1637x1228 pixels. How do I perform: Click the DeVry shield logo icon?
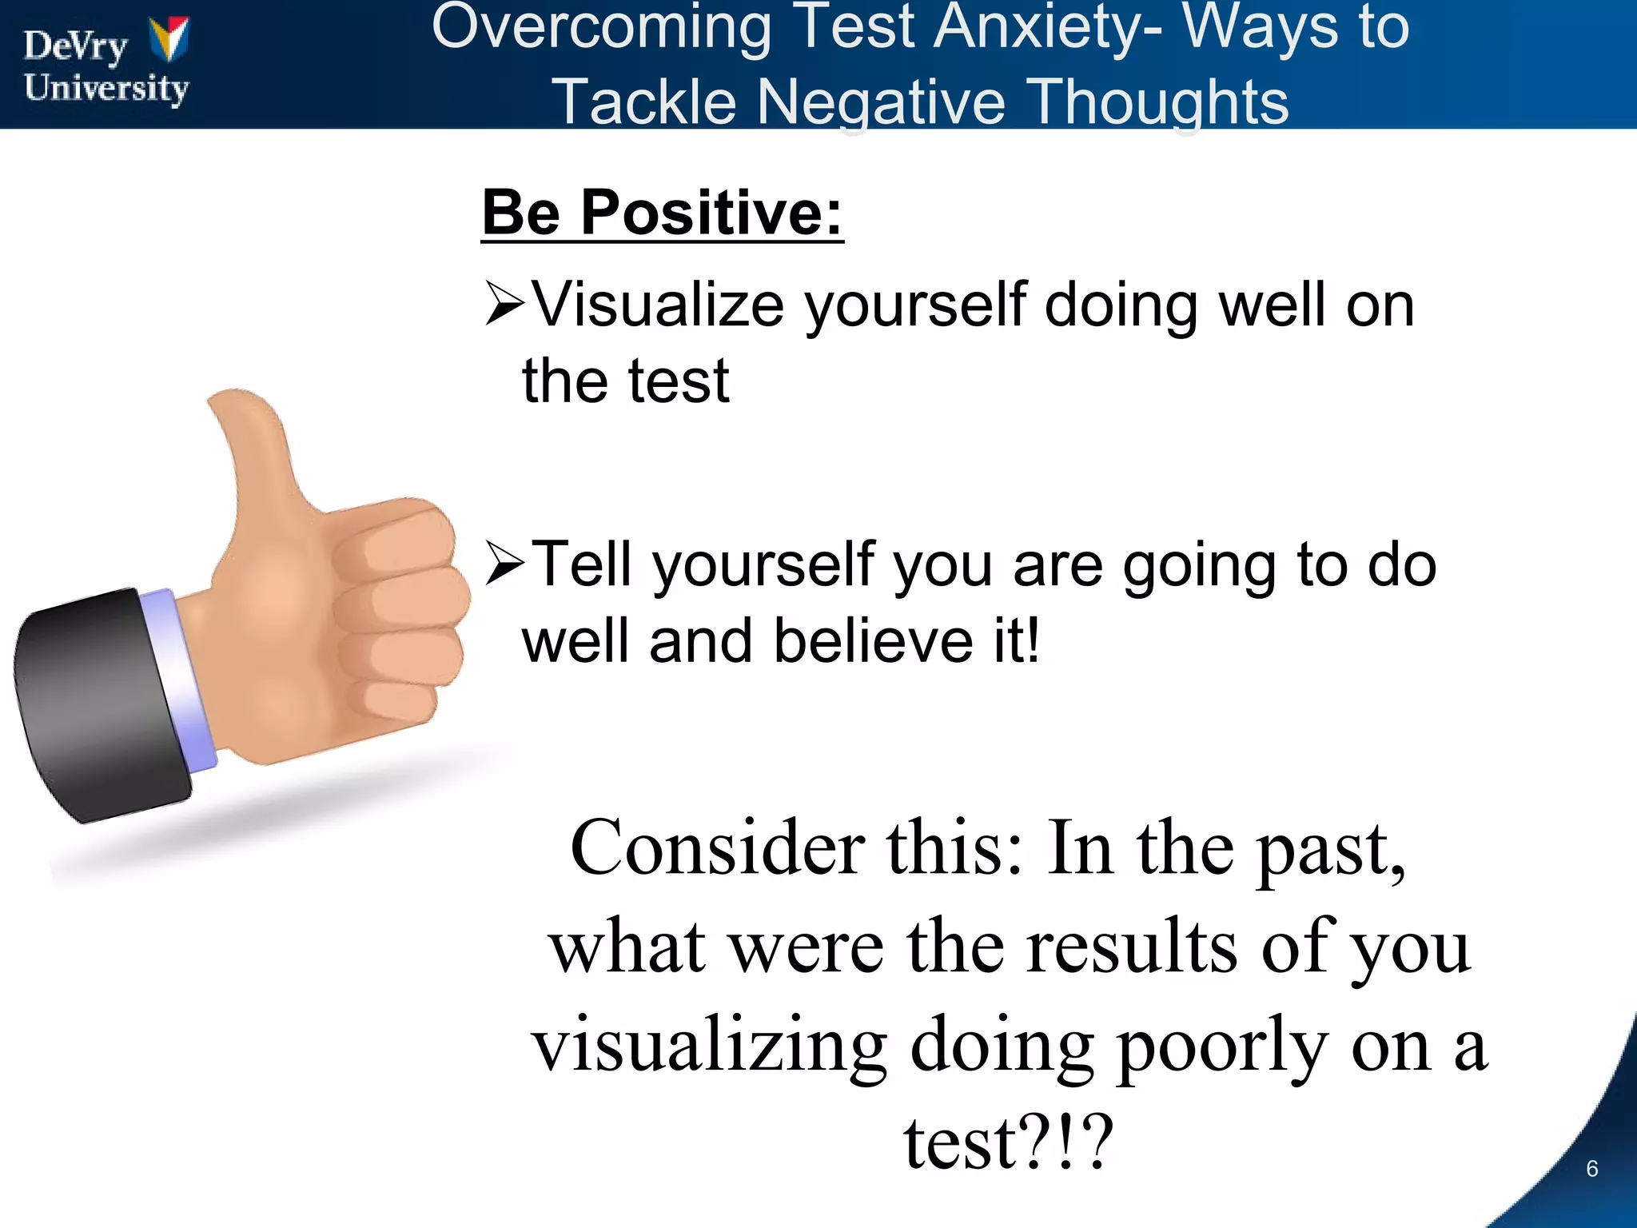(x=169, y=39)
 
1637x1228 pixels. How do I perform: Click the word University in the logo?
(x=106, y=88)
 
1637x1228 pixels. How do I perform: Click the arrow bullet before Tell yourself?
(x=505, y=564)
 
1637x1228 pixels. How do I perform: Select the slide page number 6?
(x=1591, y=1169)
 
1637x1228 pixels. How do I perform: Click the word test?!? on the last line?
(x=1008, y=1144)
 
